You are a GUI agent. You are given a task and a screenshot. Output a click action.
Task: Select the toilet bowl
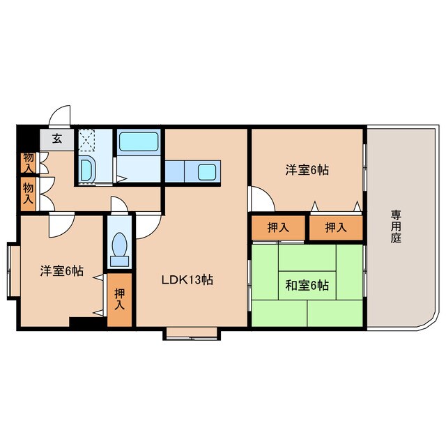pyautogui.click(x=119, y=247)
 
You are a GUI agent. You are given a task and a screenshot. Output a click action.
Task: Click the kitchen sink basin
pyautogui.click(x=208, y=171)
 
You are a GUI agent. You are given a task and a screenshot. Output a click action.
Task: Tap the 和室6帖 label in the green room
pyautogui.click(x=307, y=285)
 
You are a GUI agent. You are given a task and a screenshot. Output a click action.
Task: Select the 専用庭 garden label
pyautogui.click(x=396, y=226)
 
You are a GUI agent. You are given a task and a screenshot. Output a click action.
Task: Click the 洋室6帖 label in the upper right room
pyautogui.click(x=307, y=169)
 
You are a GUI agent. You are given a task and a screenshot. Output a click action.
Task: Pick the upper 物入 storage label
pyautogui.click(x=28, y=162)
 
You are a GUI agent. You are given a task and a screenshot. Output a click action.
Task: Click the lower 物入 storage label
pyautogui.click(x=28, y=192)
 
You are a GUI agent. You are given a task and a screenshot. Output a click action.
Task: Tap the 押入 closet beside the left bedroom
pyautogui.click(x=120, y=300)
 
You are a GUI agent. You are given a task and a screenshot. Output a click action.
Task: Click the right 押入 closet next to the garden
pyautogui.click(x=337, y=227)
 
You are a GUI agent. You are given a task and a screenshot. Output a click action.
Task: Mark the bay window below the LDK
pyautogui.click(x=193, y=333)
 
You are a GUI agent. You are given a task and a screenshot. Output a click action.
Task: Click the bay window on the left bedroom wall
pyautogui.click(x=13, y=268)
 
